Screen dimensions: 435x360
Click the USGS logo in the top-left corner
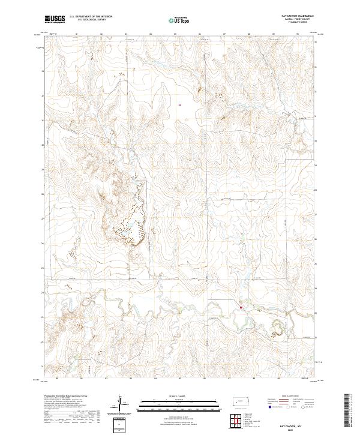pyautogui.click(x=55, y=20)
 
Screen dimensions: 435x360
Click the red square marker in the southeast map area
pyautogui.click(x=241, y=308)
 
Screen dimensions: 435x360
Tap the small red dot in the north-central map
pyautogui.click(x=179, y=105)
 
